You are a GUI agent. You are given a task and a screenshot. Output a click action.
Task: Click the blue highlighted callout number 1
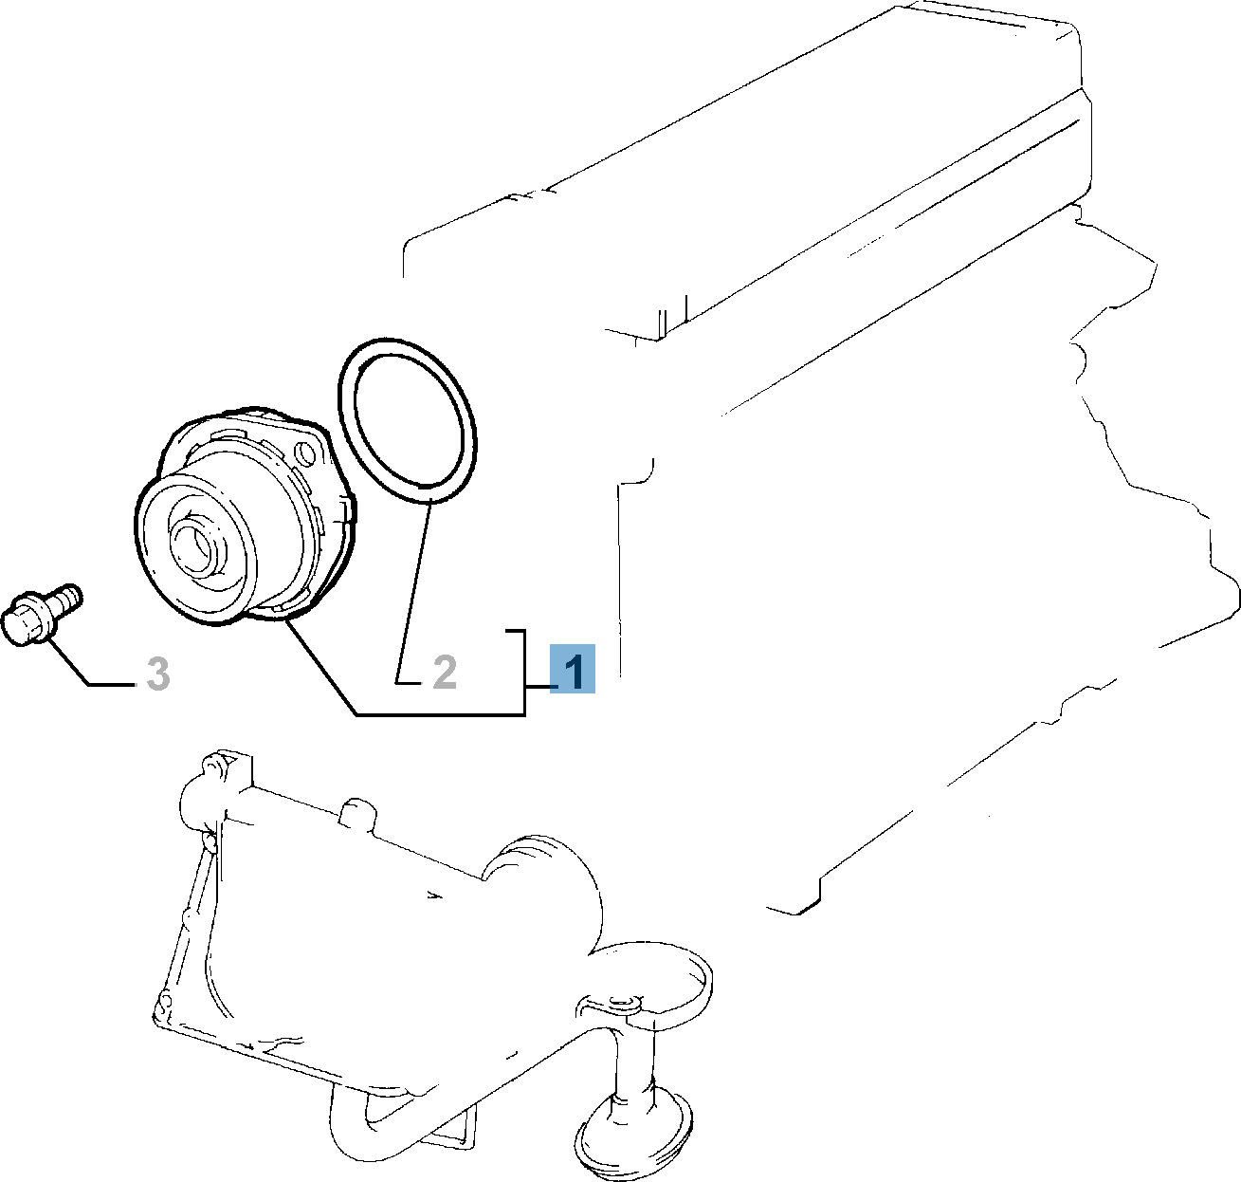pyautogui.click(x=573, y=669)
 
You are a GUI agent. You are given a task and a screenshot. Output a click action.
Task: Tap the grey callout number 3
pyautogui.click(x=157, y=674)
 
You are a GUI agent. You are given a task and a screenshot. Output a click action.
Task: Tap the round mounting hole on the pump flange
pyautogui.click(x=307, y=452)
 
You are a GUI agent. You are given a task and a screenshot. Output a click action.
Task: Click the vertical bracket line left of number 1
pyautogui.click(x=524, y=673)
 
